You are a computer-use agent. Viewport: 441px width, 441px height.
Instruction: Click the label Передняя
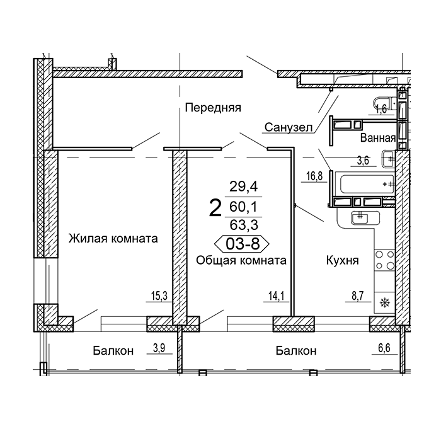[213, 108]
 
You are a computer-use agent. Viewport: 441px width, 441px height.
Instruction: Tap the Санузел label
[289, 128]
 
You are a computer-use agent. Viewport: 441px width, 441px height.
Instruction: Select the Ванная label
[378, 138]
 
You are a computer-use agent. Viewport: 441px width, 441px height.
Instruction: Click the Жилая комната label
[113, 239]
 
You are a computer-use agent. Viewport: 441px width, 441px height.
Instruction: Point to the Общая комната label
[241, 260]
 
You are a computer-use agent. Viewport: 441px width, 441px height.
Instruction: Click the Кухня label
[342, 260]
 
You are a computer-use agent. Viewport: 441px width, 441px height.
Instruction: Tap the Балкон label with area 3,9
[113, 351]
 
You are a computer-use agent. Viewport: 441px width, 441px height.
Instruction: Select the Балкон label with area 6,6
[296, 351]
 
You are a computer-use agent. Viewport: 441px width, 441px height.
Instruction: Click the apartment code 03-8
[242, 244]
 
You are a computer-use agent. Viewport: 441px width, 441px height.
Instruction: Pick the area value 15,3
[159, 296]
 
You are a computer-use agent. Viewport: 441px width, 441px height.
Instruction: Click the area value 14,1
[277, 296]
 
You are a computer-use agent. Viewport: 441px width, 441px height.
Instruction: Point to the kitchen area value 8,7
[358, 296]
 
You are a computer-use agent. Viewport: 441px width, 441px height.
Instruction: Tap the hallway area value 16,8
[314, 176]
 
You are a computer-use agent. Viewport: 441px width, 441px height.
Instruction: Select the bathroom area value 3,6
[363, 161]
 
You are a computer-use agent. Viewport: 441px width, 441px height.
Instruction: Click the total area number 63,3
[244, 225]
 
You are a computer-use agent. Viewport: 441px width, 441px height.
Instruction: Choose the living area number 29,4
[244, 186]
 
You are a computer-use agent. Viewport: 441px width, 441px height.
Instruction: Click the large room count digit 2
[215, 208]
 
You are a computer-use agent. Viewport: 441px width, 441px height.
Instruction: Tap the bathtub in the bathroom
[367, 185]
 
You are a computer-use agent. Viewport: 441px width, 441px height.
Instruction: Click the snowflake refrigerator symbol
[384, 303]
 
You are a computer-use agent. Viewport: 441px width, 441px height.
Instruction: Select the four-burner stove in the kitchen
[385, 260]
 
